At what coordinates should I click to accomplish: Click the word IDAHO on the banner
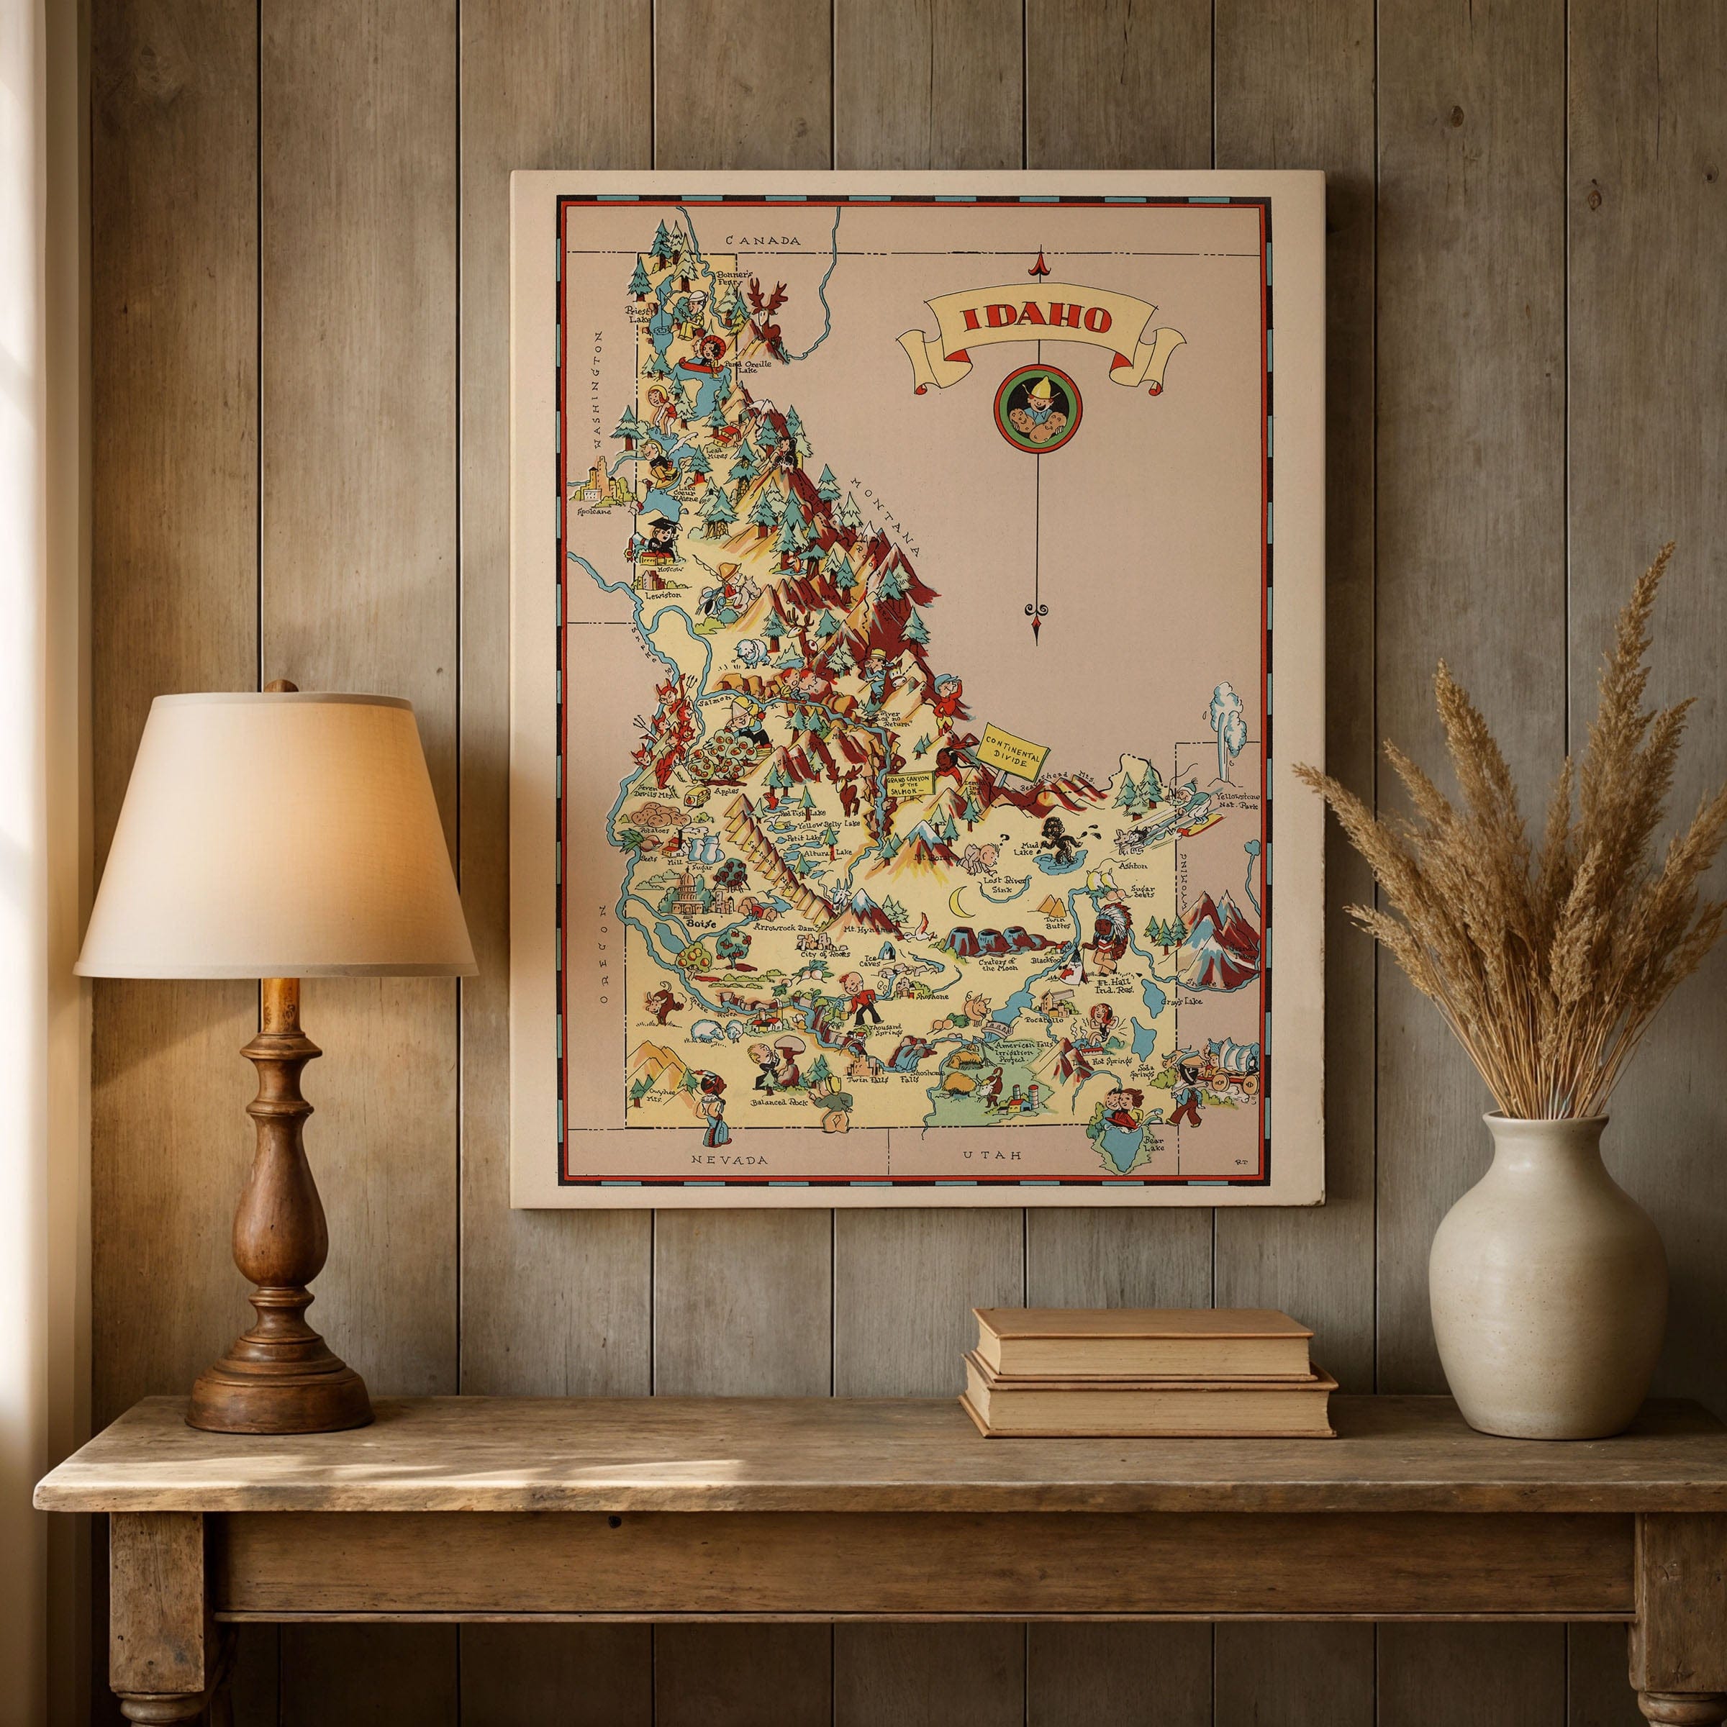click(x=1036, y=319)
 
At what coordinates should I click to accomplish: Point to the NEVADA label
click(x=730, y=1159)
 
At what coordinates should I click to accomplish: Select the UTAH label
click(x=992, y=1156)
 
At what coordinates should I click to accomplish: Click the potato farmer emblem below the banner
click(x=1037, y=409)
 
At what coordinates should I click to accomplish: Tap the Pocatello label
click(x=1043, y=1018)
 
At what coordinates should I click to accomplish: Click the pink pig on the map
click(x=976, y=1006)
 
